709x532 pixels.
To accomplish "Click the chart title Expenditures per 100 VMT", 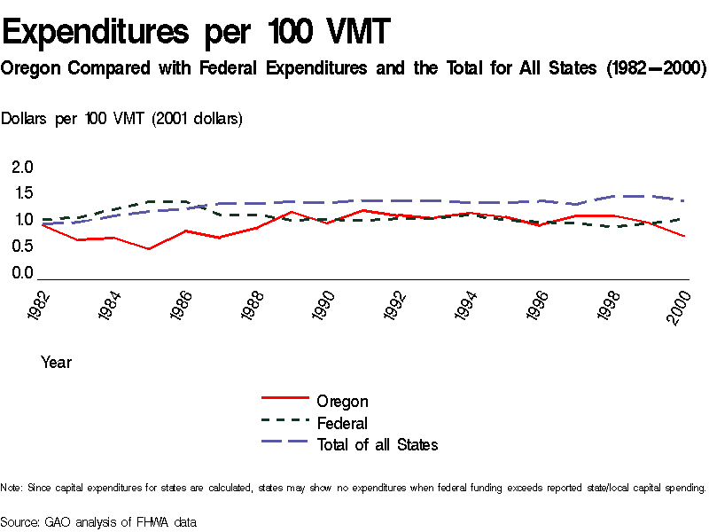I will (x=196, y=33).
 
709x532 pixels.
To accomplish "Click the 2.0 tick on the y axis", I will (x=22, y=167).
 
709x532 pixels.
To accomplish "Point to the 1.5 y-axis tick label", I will (x=22, y=193).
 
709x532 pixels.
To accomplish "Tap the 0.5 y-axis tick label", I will (x=22, y=246).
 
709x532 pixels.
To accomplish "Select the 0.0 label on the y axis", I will (x=22, y=273).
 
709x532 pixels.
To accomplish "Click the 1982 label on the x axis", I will (x=37, y=306).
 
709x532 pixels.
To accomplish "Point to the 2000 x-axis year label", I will (x=678, y=306).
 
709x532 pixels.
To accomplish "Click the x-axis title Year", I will (x=56, y=363).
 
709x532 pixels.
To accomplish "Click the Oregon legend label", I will (x=342, y=402).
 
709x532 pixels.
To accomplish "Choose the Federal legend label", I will (x=342, y=423).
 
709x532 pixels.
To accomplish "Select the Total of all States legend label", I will (x=378, y=444).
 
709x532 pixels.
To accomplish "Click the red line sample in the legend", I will (x=284, y=401).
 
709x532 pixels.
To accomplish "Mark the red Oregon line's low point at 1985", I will (x=149, y=249).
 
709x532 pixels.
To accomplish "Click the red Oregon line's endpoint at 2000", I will (x=684, y=236).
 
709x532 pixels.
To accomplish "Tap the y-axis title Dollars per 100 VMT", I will (x=122, y=118).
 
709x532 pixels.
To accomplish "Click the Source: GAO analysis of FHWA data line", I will (x=97, y=522).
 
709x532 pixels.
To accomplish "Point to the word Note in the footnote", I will (x=11, y=488).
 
